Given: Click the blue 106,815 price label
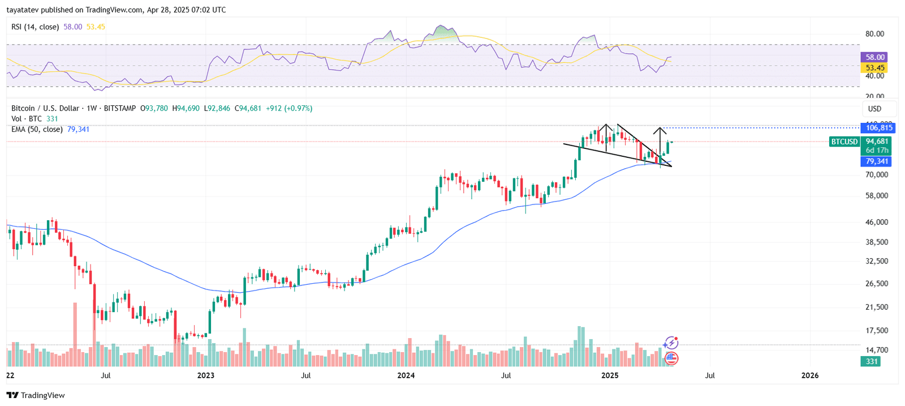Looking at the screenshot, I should pyautogui.click(x=879, y=128).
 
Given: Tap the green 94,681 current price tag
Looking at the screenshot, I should pyautogui.click(x=877, y=142).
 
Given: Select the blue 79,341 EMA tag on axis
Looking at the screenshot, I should pyautogui.click(x=877, y=161).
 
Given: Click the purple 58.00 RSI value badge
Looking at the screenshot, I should pyautogui.click(x=874, y=57).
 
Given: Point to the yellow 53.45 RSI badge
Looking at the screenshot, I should pyautogui.click(x=874, y=68).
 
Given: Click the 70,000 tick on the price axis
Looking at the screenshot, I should pyautogui.click(x=877, y=175).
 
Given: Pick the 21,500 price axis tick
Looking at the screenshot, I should pyautogui.click(x=877, y=307).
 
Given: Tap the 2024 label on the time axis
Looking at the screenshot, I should pyautogui.click(x=406, y=375).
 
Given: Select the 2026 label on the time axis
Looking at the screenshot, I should pyautogui.click(x=810, y=375).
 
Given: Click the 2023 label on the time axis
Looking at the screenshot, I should pyautogui.click(x=205, y=375).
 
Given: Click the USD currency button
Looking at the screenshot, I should pyautogui.click(x=874, y=109).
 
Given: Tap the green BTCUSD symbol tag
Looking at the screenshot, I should pyautogui.click(x=844, y=142).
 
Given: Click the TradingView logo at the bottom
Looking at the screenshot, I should pyautogui.click(x=36, y=395).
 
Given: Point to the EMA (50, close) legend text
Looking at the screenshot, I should pyautogui.click(x=37, y=129).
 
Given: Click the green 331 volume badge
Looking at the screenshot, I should pyautogui.click(x=872, y=361).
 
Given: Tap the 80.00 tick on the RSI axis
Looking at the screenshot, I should pyautogui.click(x=874, y=34).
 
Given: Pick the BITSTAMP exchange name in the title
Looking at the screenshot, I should pyautogui.click(x=119, y=108).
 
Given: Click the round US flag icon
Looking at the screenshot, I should pyautogui.click(x=671, y=358).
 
